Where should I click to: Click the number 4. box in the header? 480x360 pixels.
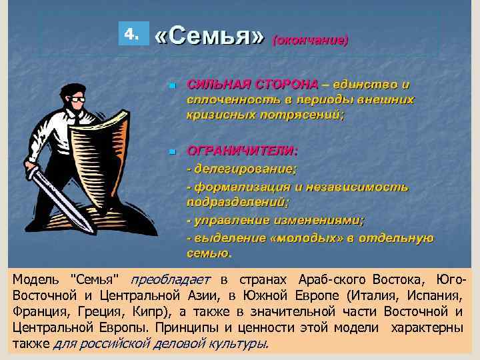click(133, 34)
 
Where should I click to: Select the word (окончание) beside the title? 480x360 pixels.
click(310, 40)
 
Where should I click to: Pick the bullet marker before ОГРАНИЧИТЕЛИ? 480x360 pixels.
click(171, 152)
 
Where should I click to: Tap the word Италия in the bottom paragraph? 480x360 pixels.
click(384, 295)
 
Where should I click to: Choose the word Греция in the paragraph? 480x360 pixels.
click(94, 311)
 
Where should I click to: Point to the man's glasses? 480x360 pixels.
click(78, 99)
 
